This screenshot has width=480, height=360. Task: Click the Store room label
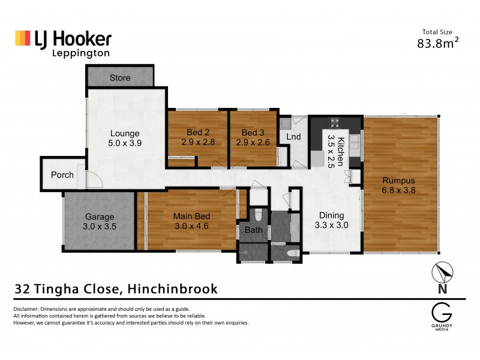pyautogui.click(x=120, y=78)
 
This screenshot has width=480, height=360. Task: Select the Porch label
pyautogui.click(x=62, y=175)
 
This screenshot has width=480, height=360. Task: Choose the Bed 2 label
pyautogui.click(x=198, y=133)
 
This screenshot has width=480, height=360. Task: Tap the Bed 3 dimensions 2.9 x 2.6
pyautogui.click(x=253, y=143)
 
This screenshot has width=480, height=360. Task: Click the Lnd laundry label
pyautogui.click(x=293, y=137)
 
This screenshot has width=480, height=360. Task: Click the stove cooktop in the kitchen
pyautogui.click(x=334, y=124)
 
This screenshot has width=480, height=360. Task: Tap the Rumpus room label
pyautogui.click(x=399, y=180)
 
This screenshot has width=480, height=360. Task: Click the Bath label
pyautogui.click(x=253, y=229)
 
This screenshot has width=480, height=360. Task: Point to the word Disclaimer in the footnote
pyautogui.click(x=27, y=308)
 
